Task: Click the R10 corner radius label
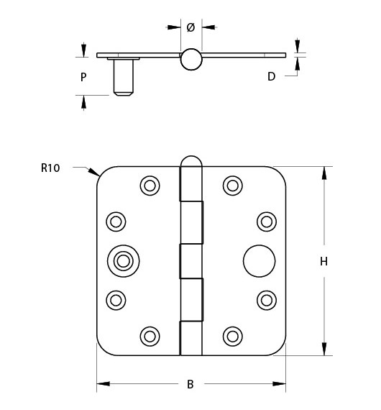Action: [x=50, y=168]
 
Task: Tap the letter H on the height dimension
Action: [x=323, y=262]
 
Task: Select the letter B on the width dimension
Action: [x=190, y=384]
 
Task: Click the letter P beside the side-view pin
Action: [x=83, y=76]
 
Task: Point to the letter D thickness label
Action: [x=271, y=76]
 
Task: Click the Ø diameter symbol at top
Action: [x=190, y=27]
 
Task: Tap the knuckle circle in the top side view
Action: [x=191, y=59]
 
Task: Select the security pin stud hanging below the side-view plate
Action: [x=124, y=76]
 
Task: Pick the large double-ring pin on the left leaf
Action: [x=124, y=260]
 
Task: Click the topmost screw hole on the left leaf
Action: [x=150, y=186]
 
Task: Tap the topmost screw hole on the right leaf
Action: [x=232, y=186]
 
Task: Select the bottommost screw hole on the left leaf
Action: [x=150, y=335]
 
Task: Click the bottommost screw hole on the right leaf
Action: [x=232, y=335]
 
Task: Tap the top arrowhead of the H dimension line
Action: [x=323, y=173]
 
